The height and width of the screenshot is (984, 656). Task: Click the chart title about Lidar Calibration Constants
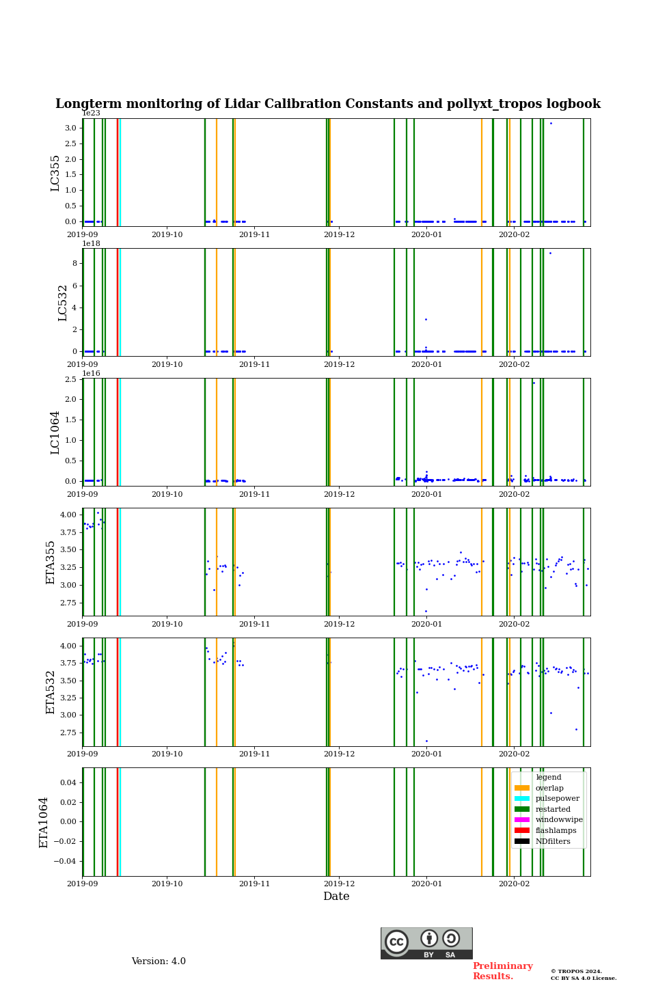coord(328,104)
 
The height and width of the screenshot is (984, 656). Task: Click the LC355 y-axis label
coord(55,173)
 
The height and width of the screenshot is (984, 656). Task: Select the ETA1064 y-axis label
coord(44,822)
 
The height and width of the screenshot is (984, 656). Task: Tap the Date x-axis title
coord(336,897)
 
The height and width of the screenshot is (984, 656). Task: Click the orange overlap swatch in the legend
coord(522,788)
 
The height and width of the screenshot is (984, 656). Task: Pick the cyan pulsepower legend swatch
coord(522,799)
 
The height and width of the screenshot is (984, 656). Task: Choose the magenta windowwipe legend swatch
coord(522,820)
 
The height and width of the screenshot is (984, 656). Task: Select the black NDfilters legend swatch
coord(522,841)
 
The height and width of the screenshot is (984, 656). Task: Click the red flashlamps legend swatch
coord(522,831)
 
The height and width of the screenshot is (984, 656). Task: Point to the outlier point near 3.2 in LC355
coord(551,123)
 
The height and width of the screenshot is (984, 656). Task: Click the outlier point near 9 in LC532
coord(550,254)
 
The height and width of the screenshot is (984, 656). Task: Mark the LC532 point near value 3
coord(426,319)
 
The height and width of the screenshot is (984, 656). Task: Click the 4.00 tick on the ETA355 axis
coord(68,515)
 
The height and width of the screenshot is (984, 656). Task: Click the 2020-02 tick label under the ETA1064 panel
coord(514,884)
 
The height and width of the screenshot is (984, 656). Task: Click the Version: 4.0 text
coord(159,961)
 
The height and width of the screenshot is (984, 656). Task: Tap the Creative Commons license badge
coord(426,943)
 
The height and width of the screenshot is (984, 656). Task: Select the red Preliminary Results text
coord(502,971)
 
